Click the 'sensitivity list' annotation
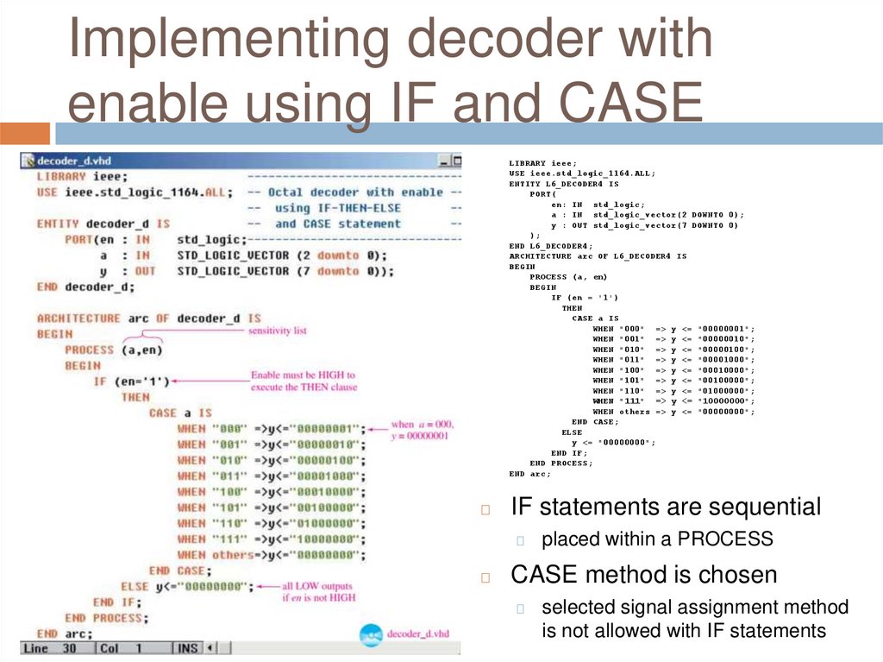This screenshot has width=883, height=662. pos(277,331)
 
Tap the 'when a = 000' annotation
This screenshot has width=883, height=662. pos(422,430)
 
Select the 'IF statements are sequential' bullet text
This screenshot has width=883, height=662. pos(666,507)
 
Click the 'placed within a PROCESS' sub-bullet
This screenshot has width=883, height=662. pos(657,540)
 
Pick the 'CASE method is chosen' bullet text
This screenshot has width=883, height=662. pos(644,574)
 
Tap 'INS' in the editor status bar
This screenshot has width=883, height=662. pos(188,647)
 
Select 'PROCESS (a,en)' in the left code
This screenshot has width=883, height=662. pos(113,350)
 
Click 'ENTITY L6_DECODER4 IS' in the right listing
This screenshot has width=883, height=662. pos(564,184)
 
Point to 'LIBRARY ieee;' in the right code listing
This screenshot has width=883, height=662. pos(543,163)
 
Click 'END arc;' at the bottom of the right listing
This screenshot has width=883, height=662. pos(529,474)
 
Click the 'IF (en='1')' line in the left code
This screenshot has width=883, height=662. pos(132,381)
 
